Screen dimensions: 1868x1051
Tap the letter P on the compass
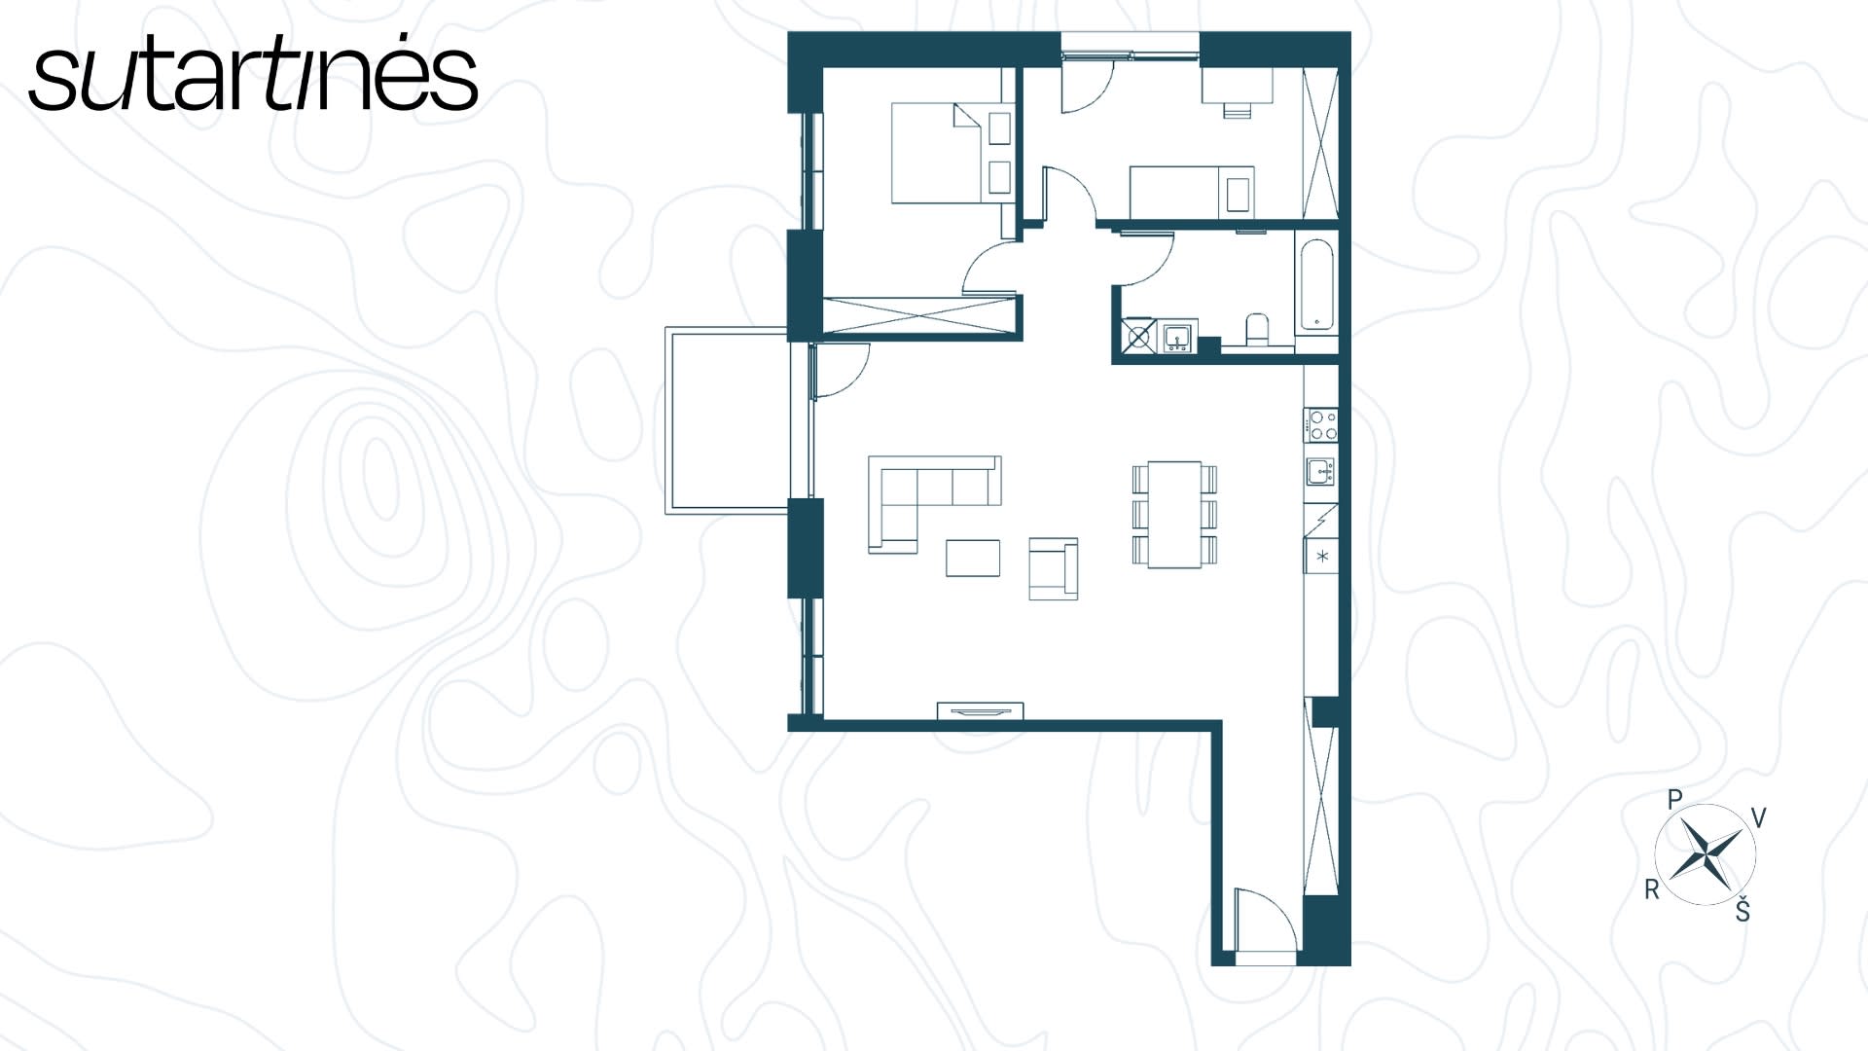click(1674, 800)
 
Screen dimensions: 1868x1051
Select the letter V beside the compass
click(1758, 818)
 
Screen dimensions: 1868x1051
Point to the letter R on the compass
click(1651, 889)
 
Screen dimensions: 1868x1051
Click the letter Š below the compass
click(1742, 910)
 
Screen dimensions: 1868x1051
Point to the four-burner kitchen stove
click(1321, 425)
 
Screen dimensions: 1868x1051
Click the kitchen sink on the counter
click(1320, 472)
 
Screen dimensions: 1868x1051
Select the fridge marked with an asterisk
click(1321, 557)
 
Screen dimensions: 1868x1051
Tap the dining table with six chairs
click(1174, 514)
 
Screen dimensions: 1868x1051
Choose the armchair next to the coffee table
click(1054, 568)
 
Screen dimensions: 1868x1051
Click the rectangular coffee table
click(973, 558)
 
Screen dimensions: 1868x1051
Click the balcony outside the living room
click(727, 420)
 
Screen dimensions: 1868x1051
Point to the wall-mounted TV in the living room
click(980, 711)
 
